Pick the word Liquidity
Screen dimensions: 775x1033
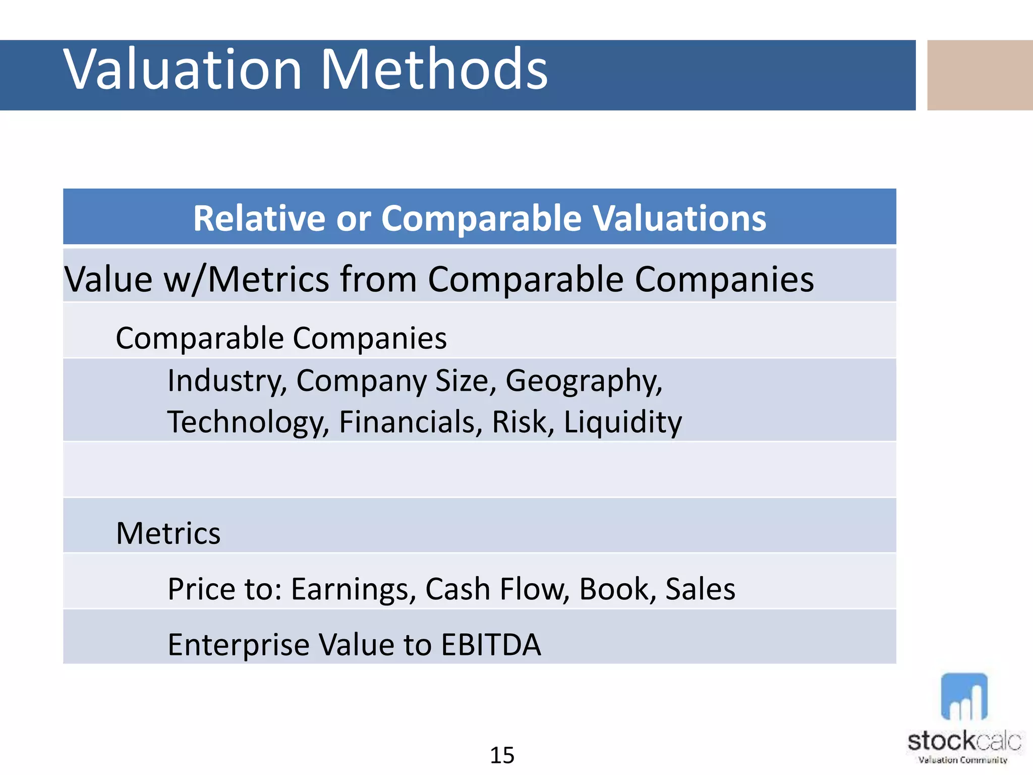tap(622, 423)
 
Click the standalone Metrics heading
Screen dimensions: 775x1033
tap(168, 533)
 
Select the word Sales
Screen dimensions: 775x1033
tap(700, 589)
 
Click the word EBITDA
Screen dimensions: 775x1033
tap(491, 645)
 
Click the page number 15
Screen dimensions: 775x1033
tap(502, 755)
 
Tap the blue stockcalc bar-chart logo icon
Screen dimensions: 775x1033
tap(964, 697)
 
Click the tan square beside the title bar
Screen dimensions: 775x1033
tap(980, 75)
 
